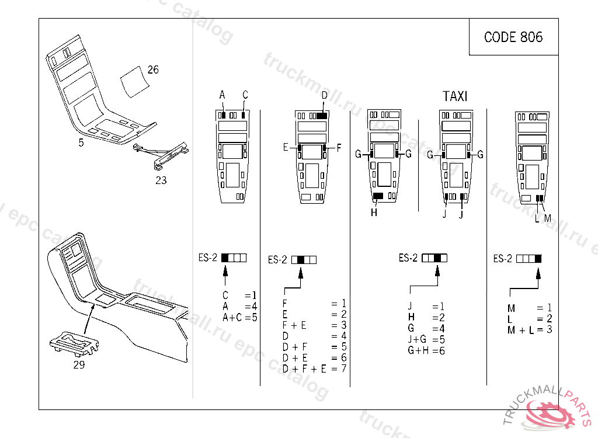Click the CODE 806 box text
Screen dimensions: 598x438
click(x=513, y=37)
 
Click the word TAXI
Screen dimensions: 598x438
click(x=455, y=96)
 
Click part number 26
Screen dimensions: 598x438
click(x=152, y=70)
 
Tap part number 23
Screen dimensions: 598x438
click(x=161, y=180)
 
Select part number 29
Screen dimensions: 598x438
click(x=79, y=365)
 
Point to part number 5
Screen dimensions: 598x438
click(x=81, y=142)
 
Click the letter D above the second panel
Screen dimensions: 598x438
click(x=324, y=95)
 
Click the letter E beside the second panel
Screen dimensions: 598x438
click(x=286, y=148)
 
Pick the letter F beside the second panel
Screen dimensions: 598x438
click(x=339, y=148)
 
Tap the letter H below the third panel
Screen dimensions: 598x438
click(x=374, y=213)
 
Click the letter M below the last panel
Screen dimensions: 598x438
click(x=548, y=218)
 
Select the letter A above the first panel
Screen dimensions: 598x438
click(x=222, y=95)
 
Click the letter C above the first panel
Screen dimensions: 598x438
click(x=245, y=95)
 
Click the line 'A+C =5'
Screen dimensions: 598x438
click(x=239, y=317)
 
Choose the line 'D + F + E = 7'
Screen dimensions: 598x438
click(x=314, y=369)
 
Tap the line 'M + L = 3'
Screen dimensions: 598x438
click(x=530, y=330)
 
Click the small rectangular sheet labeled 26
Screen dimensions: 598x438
click(x=134, y=80)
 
